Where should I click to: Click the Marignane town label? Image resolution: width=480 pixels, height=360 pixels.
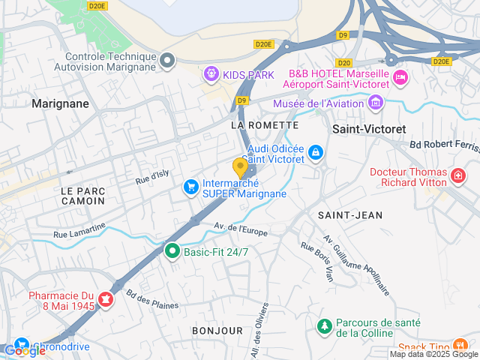60,103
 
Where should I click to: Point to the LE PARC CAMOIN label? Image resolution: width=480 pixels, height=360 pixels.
83,196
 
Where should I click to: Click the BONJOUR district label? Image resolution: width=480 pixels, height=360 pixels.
217,331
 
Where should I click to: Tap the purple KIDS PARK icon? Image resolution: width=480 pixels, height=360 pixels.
211,74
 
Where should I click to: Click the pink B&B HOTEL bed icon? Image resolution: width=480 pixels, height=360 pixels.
400,77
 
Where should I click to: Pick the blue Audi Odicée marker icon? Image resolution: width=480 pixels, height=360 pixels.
316,153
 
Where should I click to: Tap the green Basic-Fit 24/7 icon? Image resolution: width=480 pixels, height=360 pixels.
172,252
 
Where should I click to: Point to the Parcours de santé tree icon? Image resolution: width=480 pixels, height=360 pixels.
324,327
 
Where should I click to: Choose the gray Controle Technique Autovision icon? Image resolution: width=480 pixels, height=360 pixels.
167,60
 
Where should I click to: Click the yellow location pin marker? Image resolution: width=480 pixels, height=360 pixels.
240,166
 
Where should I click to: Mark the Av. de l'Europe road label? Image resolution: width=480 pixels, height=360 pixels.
241,229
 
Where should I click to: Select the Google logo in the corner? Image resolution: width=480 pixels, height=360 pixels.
24,350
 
